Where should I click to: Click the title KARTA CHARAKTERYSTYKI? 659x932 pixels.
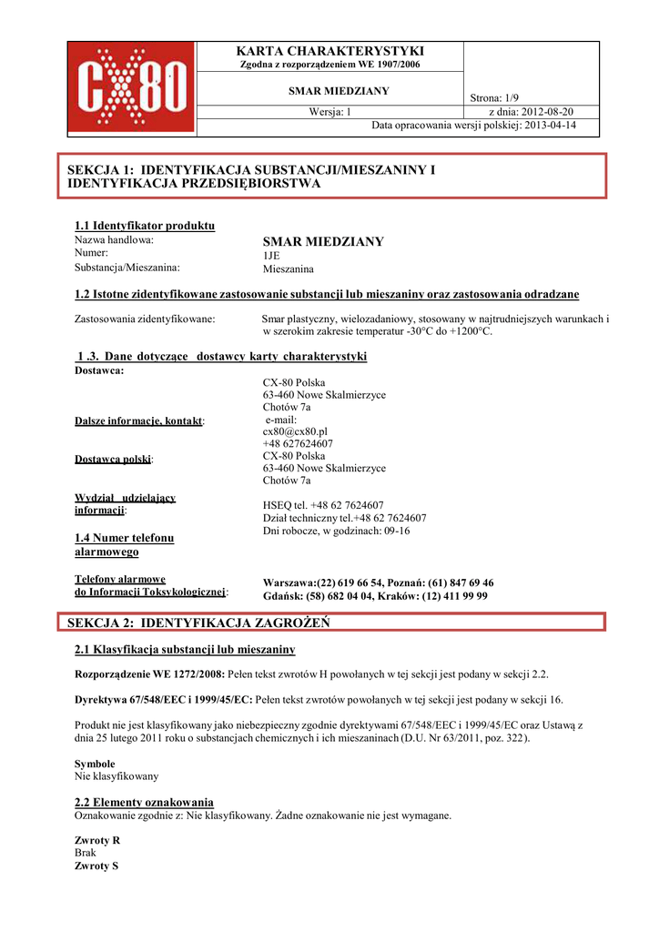point(329,51)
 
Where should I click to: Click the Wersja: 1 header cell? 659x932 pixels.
point(330,112)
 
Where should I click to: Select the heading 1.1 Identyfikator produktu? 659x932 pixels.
point(145,226)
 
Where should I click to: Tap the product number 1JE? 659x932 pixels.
point(272,257)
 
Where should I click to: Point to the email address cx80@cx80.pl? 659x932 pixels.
point(295,431)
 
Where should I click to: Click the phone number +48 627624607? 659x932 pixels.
point(298,444)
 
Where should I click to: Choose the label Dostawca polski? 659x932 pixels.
point(113,460)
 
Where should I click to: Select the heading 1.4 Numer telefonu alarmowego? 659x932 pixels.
point(124,544)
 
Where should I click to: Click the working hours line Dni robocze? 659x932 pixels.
point(336,531)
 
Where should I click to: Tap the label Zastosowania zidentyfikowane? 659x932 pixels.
point(144,319)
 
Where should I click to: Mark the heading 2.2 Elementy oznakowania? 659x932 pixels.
point(144,802)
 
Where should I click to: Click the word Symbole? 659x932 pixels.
point(95,764)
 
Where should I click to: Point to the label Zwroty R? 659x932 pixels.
point(97,840)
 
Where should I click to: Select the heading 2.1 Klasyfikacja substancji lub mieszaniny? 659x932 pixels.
point(184,650)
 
